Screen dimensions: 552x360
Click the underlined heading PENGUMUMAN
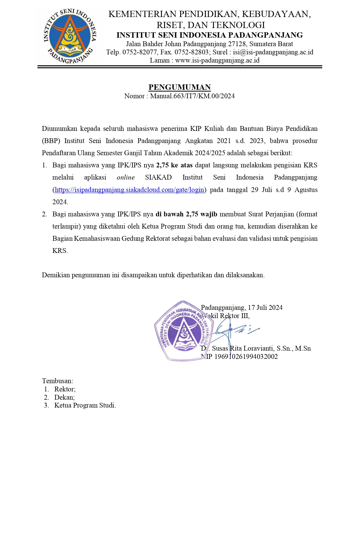(180, 87)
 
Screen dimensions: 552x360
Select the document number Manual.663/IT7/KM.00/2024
(192, 96)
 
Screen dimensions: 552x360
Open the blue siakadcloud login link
(130, 190)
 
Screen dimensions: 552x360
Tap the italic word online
(126, 178)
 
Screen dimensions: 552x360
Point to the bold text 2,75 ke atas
(174, 165)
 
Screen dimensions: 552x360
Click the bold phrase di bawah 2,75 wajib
(186, 214)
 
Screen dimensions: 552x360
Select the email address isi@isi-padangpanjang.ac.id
(273, 52)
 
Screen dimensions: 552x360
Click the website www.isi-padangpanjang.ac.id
(217, 60)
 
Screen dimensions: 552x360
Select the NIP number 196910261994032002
(246, 357)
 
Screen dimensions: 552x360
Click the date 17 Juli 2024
(265, 308)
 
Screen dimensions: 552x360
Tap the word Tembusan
(57, 381)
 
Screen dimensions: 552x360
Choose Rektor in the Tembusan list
(65, 389)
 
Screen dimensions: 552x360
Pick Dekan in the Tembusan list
(64, 397)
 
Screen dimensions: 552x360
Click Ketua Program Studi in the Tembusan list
(85, 405)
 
